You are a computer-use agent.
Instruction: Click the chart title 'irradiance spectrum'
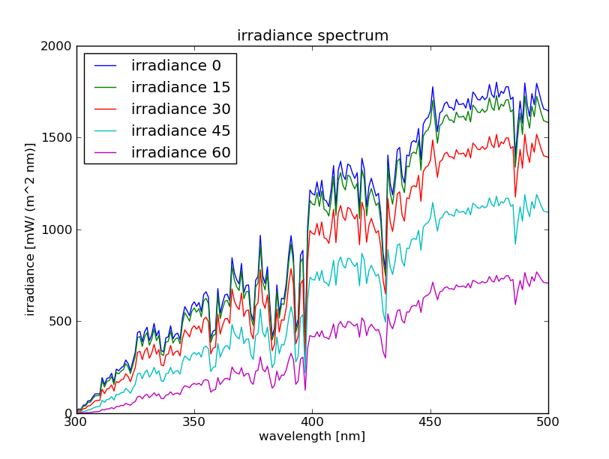pos(313,35)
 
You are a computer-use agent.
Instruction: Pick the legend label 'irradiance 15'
pos(181,88)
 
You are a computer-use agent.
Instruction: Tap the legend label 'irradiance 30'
pos(181,109)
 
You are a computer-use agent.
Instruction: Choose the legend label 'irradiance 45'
pos(181,131)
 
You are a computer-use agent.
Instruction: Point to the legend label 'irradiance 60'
pos(181,153)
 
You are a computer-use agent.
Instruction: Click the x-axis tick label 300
pos(76,422)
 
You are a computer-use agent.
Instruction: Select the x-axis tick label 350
pos(194,422)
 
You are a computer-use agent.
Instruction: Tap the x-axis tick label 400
pos(312,422)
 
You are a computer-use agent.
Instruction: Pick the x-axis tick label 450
pos(430,422)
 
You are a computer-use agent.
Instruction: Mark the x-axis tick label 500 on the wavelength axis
pos(548,422)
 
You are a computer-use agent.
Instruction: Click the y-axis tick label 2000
pos(56,46)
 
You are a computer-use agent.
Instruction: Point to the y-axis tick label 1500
pos(56,138)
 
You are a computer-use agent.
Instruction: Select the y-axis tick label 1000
pos(56,230)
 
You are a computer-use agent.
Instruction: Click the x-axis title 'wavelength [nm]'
pos(312,436)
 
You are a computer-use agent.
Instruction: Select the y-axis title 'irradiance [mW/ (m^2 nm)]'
pos(31,229)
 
